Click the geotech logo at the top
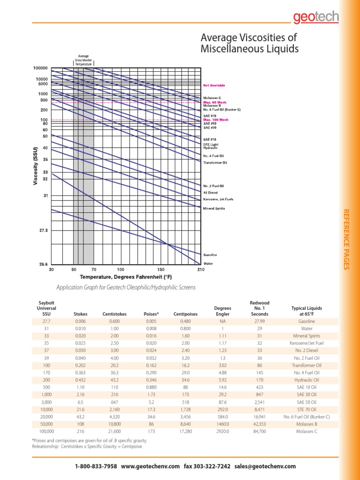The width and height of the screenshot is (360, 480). pyautogui.click(x=315, y=17)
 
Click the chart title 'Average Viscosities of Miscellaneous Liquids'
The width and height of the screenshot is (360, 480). pyautogui.click(x=249, y=43)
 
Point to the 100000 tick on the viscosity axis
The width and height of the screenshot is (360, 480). pyautogui.click(x=40, y=68)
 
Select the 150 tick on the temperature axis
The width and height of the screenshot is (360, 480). pyautogui.click(x=161, y=270)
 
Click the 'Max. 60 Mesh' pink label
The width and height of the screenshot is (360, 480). pyautogui.click(x=214, y=102)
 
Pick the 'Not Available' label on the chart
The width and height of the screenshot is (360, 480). pyautogui.click(x=214, y=85)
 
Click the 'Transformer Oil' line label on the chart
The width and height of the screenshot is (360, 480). pyautogui.click(x=215, y=162)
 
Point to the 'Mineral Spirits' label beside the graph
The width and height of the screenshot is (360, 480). pyautogui.click(x=214, y=208)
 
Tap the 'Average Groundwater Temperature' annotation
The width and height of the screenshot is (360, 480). pyautogui.click(x=84, y=60)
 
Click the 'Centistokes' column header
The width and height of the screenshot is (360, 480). pyautogui.click(x=114, y=313)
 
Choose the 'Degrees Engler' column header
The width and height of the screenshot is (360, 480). pyautogui.click(x=222, y=311)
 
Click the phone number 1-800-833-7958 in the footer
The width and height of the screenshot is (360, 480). pyautogui.click(x=96, y=466)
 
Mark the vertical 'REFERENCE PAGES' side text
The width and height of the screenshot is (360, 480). pyautogui.click(x=347, y=240)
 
